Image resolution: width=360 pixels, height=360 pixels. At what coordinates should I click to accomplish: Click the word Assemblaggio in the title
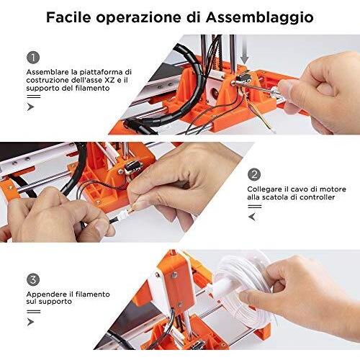[x=260, y=18]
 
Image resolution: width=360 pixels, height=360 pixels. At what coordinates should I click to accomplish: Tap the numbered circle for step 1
[x=33, y=58]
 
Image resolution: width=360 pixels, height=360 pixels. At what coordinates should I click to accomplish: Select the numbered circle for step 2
[x=254, y=174]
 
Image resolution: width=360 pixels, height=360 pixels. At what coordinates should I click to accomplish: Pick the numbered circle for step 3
[x=33, y=279]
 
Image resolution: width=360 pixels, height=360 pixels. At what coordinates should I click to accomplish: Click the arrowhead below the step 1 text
[x=30, y=107]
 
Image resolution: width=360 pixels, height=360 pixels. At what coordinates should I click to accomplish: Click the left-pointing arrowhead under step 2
[x=252, y=217]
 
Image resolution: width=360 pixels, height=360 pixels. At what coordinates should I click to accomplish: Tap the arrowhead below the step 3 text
[x=30, y=322]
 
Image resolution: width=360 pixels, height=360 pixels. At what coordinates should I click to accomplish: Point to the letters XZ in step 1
[x=110, y=80]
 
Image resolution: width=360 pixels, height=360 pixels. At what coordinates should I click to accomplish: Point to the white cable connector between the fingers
[x=124, y=212]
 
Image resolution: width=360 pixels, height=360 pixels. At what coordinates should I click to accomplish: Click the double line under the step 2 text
[x=255, y=207]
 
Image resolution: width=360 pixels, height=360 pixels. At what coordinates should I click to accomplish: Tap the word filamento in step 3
[x=93, y=294]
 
